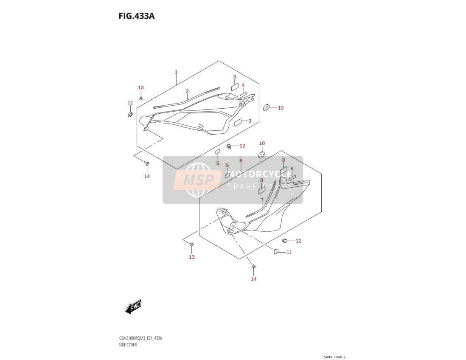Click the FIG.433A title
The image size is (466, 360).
click(136, 16)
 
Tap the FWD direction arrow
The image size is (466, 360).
click(133, 307)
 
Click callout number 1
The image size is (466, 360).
click(176, 72)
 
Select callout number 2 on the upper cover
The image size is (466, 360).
click(187, 91)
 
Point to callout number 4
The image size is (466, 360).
click(243, 85)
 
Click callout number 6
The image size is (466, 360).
click(241, 160)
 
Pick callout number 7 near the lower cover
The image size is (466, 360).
click(262, 200)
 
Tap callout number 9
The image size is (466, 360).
click(292, 169)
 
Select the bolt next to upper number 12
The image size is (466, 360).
click(230, 146)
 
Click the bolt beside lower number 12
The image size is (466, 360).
click(284, 241)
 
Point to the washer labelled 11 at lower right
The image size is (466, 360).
click(276, 252)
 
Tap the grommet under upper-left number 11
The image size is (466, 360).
click(130, 115)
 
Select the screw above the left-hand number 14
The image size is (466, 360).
click(146, 163)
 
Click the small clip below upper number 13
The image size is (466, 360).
click(141, 98)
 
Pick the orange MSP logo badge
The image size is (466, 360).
click(198, 180)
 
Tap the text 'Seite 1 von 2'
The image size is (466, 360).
click(334, 357)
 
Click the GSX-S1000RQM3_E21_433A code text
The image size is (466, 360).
click(140, 338)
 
